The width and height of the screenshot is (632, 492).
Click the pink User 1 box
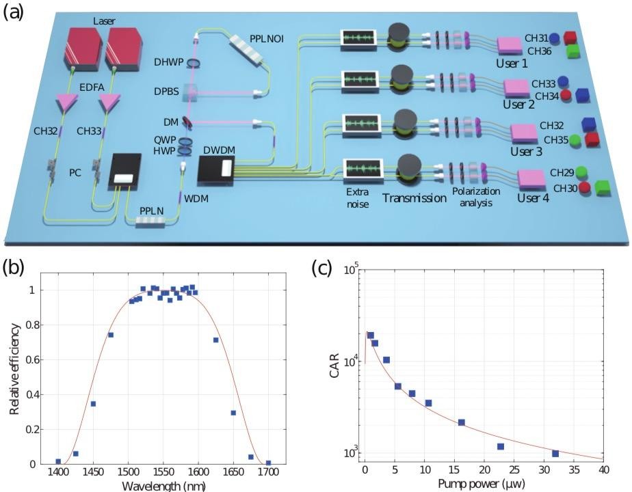click(x=509, y=46)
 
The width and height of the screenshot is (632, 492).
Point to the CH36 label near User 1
click(x=537, y=51)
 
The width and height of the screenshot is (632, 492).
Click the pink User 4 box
click(x=530, y=179)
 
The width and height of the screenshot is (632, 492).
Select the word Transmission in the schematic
click(x=410, y=198)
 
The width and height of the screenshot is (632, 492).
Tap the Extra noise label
click(x=357, y=199)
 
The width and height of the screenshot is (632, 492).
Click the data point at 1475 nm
click(x=110, y=335)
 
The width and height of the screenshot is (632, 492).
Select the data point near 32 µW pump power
click(x=555, y=454)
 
